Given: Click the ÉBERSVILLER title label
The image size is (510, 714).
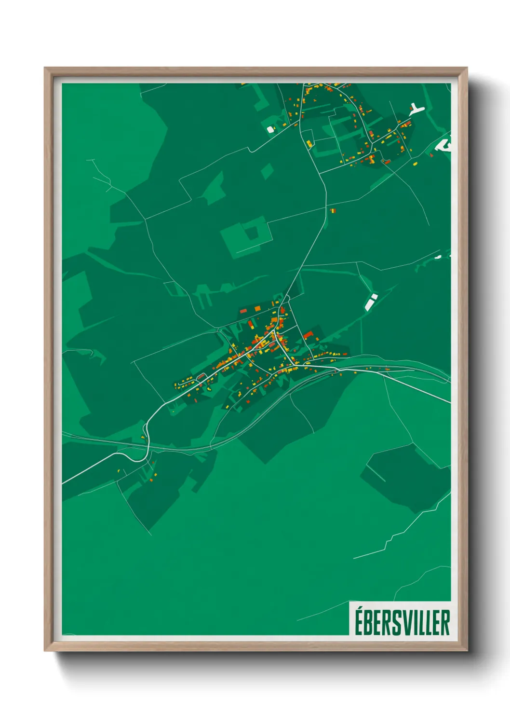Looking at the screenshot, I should pos(402,623).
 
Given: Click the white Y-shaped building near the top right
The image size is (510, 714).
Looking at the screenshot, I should pos(416,110).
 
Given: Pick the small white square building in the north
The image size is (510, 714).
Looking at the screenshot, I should pos(270,129).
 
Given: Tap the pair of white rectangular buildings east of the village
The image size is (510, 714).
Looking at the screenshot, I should pos(371,302).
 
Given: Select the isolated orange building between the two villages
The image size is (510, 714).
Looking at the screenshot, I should pos(332,211).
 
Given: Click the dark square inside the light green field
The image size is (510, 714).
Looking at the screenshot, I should pos(252,233).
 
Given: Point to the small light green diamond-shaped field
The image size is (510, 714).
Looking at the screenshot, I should pos(267,171).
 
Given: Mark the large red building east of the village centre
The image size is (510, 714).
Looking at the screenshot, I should pos(308,334).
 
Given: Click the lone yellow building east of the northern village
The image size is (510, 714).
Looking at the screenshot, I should pos(415,164).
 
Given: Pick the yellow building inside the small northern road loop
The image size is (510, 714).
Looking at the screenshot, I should pos(309,143).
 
